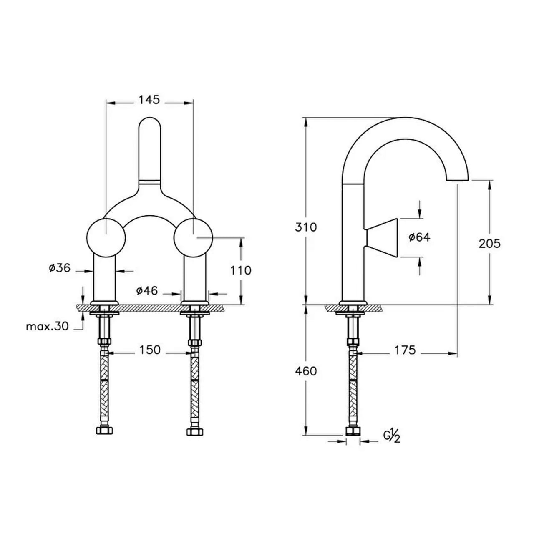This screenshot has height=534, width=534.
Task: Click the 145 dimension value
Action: [x=149, y=100]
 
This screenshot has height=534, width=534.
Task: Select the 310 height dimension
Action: [x=305, y=227]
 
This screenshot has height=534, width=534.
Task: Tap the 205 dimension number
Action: [x=490, y=244]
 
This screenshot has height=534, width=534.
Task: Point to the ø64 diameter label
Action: [x=420, y=237]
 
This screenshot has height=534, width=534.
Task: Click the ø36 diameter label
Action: [x=60, y=268]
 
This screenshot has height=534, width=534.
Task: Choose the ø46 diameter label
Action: [x=147, y=291]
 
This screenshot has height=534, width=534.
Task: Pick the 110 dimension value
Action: [x=241, y=270]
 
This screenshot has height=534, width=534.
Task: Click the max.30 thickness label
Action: [x=47, y=327]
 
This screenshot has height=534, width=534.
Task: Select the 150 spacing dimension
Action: [x=150, y=350]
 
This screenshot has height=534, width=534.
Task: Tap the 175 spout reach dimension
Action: [x=405, y=350]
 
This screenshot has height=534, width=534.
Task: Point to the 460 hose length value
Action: [x=306, y=371]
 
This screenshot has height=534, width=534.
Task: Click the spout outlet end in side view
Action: [x=457, y=179]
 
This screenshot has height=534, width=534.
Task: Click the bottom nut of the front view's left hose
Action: [x=104, y=431]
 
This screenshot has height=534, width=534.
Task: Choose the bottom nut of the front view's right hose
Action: [x=195, y=432]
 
